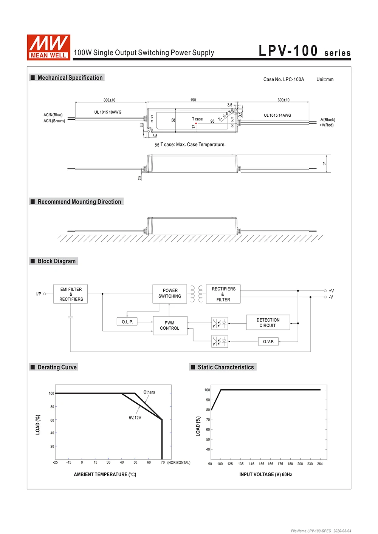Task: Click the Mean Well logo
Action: tap(48, 47)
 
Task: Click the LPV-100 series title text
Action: tap(304, 51)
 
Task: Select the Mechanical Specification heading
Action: tap(70, 78)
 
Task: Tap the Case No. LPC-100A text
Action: tap(283, 79)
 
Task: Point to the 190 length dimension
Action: tap(193, 100)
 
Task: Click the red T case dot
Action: tap(196, 123)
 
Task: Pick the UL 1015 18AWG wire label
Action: tap(108, 112)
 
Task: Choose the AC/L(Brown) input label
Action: tap(54, 121)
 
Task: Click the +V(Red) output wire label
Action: tap(327, 125)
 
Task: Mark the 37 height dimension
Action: tap(324, 164)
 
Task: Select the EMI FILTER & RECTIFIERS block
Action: tap(71, 294)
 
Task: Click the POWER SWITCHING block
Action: tap(170, 293)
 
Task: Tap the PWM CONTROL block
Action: tap(170, 326)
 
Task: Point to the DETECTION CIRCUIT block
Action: tap(268, 323)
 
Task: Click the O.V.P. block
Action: tap(268, 341)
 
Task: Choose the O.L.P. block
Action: tap(127, 322)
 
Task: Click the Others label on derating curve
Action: tap(149, 392)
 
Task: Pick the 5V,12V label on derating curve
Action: tap(135, 418)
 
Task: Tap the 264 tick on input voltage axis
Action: tap(320, 464)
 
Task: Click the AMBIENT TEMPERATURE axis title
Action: tap(105, 474)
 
